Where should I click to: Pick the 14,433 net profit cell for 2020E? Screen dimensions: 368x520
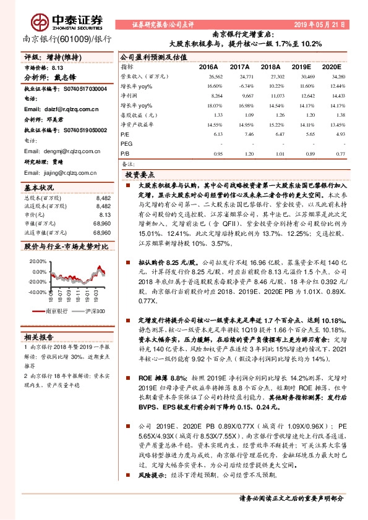tap(338, 96)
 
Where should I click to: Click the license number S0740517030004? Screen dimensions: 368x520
tap(72, 88)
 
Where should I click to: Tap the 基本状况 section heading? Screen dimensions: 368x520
tap(39, 187)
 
